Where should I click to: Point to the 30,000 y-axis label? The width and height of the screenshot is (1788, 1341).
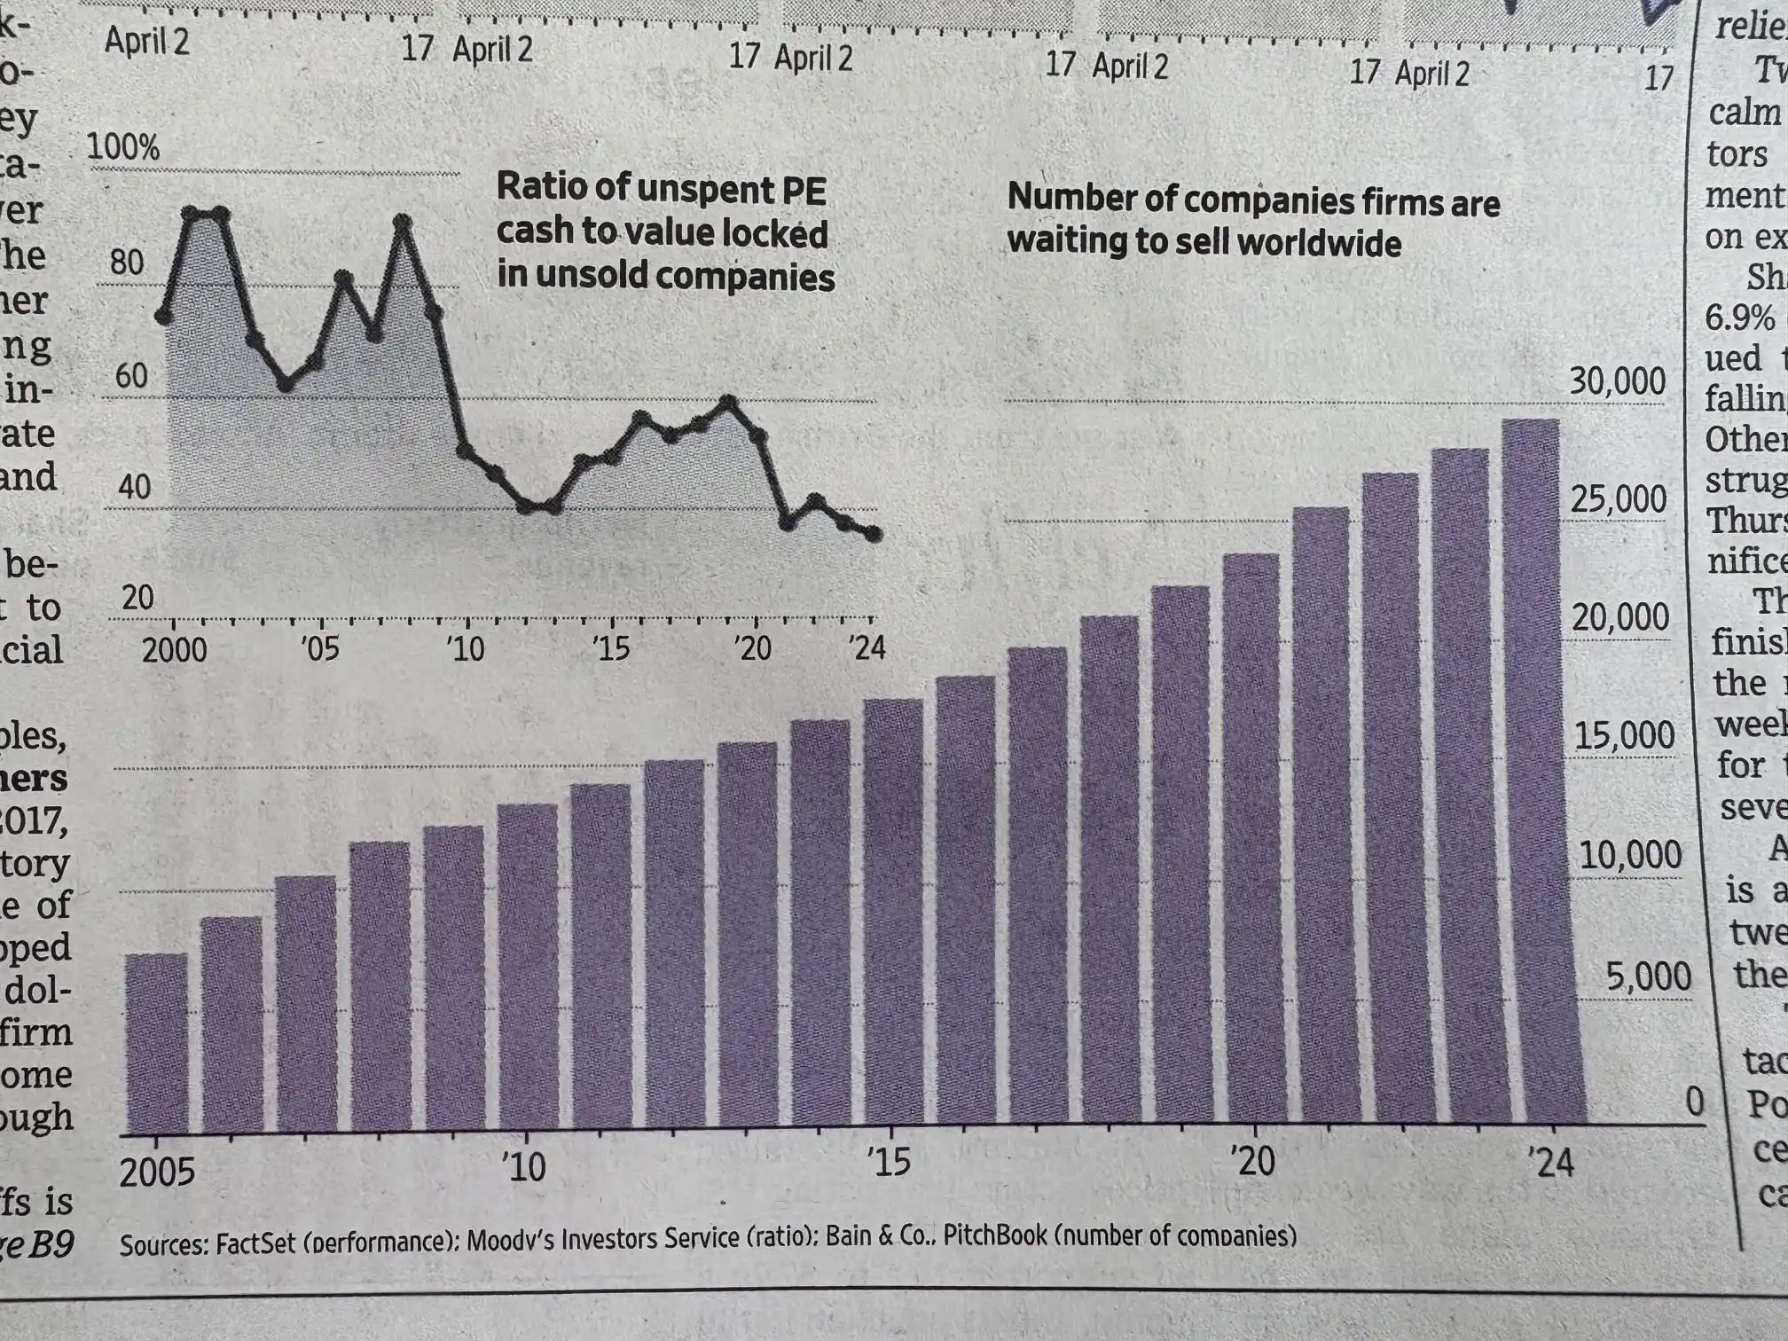(x=1617, y=381)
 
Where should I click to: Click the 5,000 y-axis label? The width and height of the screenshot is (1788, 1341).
(x=1648, y=976)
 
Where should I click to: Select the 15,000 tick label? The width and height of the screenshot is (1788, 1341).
(x=1624, y=736)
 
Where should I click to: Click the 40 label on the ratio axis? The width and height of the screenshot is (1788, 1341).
(x=134, y=487)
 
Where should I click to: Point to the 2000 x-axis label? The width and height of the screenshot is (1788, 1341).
(x=174, y=650)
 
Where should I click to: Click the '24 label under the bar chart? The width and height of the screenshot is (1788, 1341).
(x=1549, y=1162)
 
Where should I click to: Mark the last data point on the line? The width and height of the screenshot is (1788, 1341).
(x=874, y=534)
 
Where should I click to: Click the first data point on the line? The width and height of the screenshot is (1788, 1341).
(x=164, y=317)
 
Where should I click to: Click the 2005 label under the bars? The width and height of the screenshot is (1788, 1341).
(x=157, y=1172)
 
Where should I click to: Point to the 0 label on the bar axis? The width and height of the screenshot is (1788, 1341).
(x=1694, y=1102)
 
